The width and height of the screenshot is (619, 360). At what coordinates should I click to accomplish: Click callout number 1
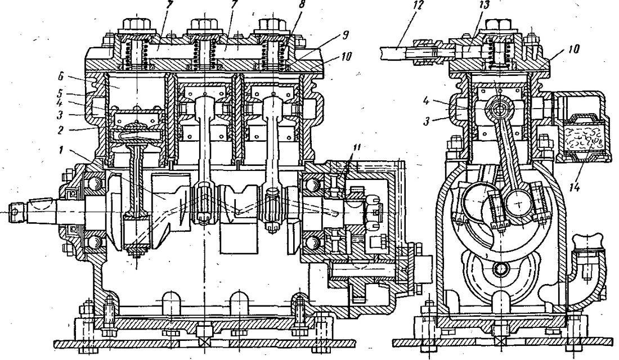coord(61,150)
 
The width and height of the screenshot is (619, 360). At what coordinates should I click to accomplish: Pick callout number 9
coord(345,35)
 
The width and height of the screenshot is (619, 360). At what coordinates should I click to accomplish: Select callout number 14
coord(575,187)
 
